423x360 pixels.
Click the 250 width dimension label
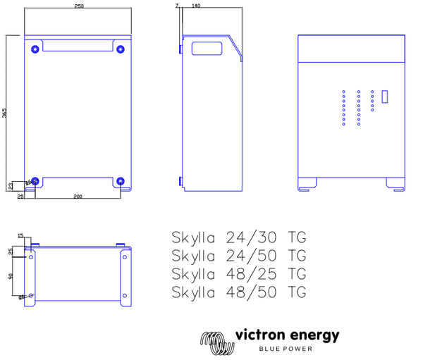click(x=78, y=6)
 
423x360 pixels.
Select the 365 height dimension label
click(x=5, y=113)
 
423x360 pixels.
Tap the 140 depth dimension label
click(x=196, y=6)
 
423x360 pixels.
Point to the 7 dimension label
click(x=176, y=6)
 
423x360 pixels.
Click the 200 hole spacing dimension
click(x=78, y=196)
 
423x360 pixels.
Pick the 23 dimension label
click(x=11, y=186)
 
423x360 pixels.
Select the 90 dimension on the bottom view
click(x=11, y=275)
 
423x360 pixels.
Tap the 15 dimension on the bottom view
click(x=20, y=236)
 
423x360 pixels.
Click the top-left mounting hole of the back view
click(x=35, y=49)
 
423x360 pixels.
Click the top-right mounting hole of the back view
click(x=121, y=49)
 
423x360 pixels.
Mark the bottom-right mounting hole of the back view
click(x=121, y=181)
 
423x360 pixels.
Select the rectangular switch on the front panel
click(x=385, y=97)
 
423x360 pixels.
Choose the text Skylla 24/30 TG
click(x=239, y=236)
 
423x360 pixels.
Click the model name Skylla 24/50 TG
click(x=239, y=255)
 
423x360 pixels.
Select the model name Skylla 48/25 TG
click(x=239, y=274)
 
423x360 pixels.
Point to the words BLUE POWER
click(x=286, y=349)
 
